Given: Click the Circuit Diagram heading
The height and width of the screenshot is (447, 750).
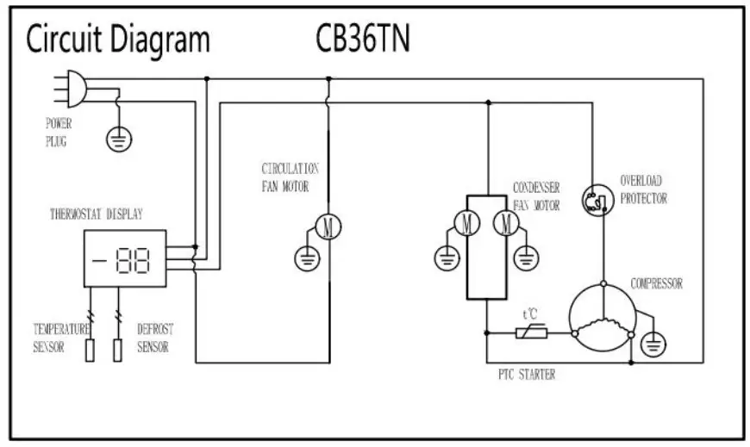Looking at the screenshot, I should (x=117, y=40).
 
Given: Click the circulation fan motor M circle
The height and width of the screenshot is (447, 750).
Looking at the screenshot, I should (x=328, y=227).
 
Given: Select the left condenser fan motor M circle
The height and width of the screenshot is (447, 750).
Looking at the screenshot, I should (x=467, y=223).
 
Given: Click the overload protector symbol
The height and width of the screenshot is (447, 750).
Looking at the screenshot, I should (x=595, y=200).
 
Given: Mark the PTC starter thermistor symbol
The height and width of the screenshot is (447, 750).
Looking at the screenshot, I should (x=528, y=332).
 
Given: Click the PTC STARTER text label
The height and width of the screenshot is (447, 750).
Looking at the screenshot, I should (x=527, y=375).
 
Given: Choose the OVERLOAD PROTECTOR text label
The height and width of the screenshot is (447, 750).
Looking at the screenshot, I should (x=643, y=189).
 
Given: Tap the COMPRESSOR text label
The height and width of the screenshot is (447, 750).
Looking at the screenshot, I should (x=657, y=283).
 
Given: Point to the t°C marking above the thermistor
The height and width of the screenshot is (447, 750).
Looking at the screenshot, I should (x=530, y=315).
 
